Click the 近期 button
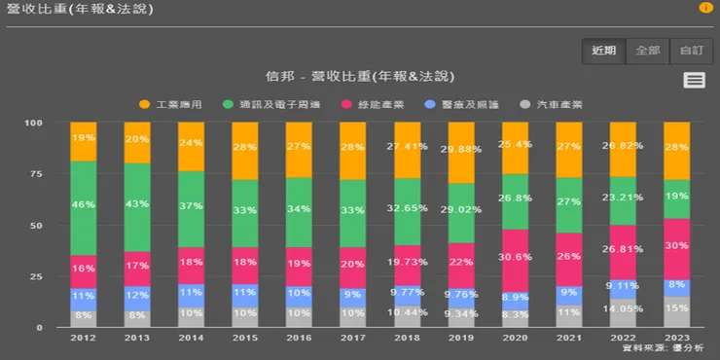coord(603,51)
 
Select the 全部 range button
coord(647,51)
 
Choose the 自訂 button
coord(691,51)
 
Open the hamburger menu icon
coord(694,80)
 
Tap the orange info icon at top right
coord(705,8)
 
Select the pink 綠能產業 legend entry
coord(370,103)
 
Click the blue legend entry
coord(463,103)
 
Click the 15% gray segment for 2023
coord(676,311)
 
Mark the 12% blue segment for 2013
coord(137,294)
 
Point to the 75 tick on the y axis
coord(36,174)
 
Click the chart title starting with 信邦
coord(360,76)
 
